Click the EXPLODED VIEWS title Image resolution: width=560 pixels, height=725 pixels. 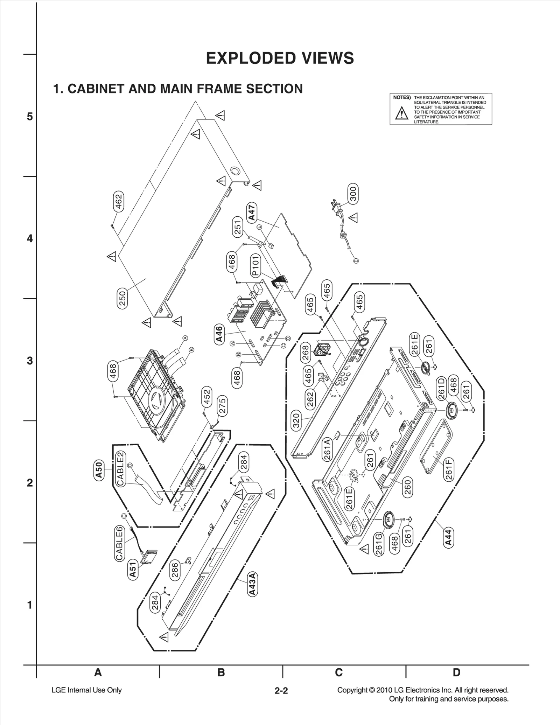pyautogui.click(x=280, y=58)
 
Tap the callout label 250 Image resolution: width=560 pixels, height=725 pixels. pyautogui.click(x=122, y=298)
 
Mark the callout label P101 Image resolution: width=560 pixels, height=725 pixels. pyautogui.click(x=255, y=265)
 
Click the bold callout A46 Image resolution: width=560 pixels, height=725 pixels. pyautogui.click(x=219, y=335)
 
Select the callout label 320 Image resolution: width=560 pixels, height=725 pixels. pyautogui.click(x=296, y=420)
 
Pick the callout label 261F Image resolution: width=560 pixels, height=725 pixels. pyautogui.click(x=449, y=469)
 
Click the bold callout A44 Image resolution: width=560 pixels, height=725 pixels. pyautogui.click(x=448, y=537)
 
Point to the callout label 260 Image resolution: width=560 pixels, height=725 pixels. pyautogui.click(x=408, y=487)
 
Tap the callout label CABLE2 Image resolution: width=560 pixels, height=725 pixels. pyautogui.click(x=120, y=469)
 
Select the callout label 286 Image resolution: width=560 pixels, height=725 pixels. pyautogui.click(x=175, y=570)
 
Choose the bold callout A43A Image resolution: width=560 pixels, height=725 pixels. pyautogui.click(x=252, y=584)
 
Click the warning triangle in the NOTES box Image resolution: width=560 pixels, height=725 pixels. pyautogui.click(x=402, y=113)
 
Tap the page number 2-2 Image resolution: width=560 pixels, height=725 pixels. pyautogui.click(x=281, y=691)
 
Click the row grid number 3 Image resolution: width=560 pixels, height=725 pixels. pyautogui.click(x=30, y=361)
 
